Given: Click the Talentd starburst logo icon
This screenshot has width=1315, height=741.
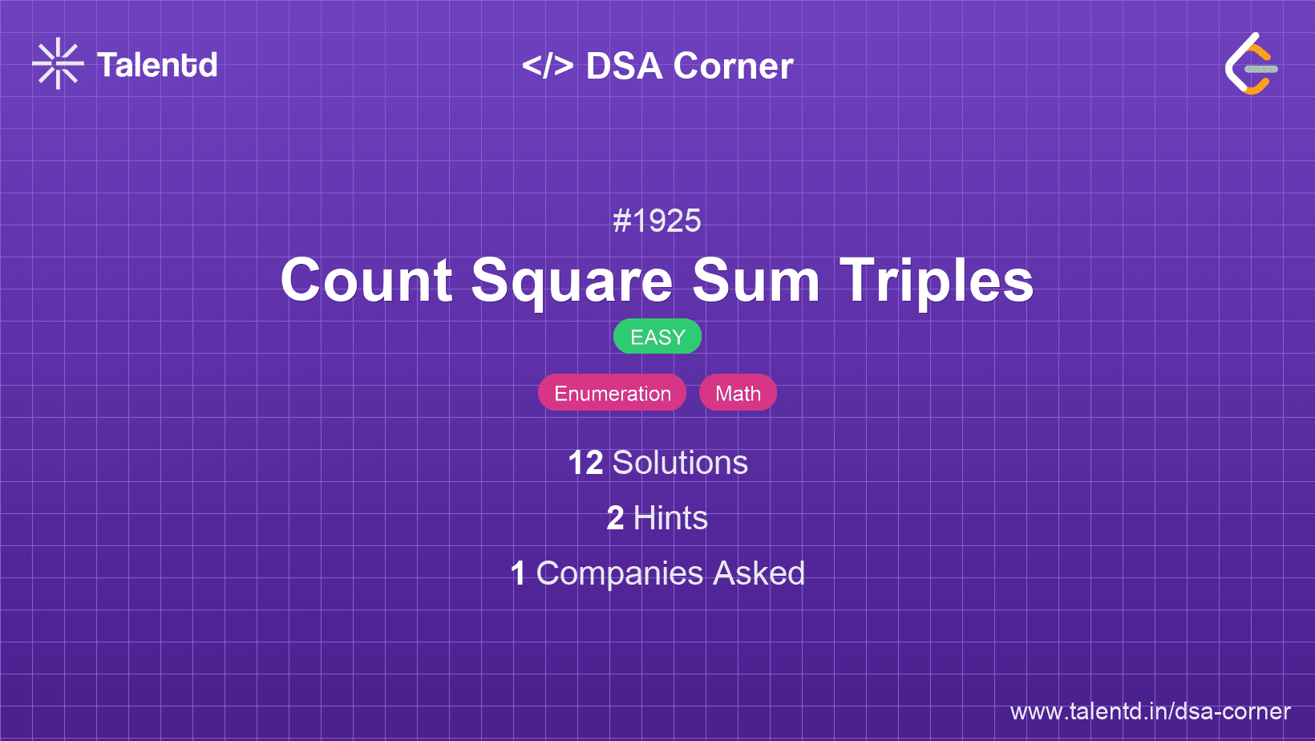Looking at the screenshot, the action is [58, 63].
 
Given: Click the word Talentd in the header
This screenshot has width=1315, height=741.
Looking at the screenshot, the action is [157, 65].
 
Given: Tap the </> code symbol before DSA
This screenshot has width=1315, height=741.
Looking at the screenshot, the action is [548, 66].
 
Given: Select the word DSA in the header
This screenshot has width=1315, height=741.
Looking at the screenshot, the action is [624, 66].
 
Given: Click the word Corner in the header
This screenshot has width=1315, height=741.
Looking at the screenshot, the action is [733, 66].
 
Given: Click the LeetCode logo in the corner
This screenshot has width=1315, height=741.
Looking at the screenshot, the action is [1251, 63].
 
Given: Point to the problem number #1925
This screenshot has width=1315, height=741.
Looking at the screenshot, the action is [657, 221].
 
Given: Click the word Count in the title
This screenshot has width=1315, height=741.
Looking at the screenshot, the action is [366, 280].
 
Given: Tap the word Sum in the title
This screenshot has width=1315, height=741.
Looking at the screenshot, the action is [756, 280].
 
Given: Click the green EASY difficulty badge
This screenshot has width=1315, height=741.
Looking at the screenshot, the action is [657, 337].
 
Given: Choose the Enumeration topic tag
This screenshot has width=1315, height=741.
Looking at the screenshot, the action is [613, 393].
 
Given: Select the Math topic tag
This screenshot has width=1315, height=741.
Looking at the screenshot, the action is [738, 393].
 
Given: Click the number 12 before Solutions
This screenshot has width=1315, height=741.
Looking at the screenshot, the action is [585, 463].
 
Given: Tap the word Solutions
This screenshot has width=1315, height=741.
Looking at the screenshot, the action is [681, 463].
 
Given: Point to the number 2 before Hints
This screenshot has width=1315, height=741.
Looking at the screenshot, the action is [615, 518].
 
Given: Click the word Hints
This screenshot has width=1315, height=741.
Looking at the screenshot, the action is [670, 518].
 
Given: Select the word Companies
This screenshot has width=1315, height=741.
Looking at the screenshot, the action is [620, 574].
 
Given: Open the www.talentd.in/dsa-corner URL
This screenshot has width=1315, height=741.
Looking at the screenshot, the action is [1150, 711].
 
